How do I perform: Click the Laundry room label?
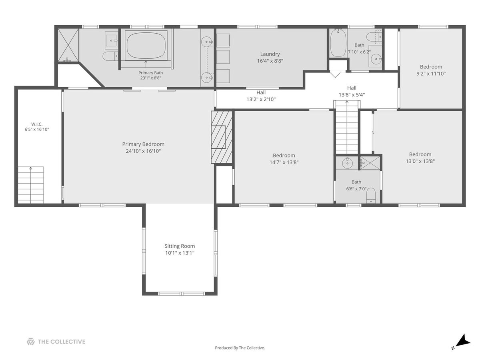270,54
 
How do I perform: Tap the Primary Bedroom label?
143,144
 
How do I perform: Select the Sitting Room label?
180,246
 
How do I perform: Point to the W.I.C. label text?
37,124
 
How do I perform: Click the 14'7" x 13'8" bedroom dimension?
284,162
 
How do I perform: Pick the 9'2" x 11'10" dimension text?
431,74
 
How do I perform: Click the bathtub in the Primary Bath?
146,46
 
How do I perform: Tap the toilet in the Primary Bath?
110,56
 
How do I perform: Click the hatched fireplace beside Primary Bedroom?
222,137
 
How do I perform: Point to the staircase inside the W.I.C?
31,185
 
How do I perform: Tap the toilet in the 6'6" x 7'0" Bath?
371,196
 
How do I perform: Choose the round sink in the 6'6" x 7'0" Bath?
347,163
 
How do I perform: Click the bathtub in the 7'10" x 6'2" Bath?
338,43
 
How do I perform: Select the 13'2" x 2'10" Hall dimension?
261,100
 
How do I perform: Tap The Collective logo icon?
31,342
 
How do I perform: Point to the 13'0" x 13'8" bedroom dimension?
420,161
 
